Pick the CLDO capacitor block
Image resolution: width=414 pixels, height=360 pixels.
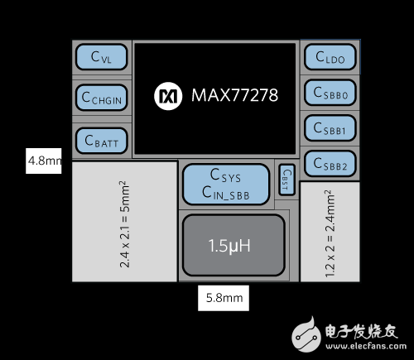click(329, 56)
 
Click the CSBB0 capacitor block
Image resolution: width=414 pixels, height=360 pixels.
click(329, 93)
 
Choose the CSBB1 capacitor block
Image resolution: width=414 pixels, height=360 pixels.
click(329, 128)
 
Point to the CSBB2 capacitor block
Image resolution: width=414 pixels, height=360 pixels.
click(329, 164)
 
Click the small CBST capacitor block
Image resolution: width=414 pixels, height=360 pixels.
click(285, 180)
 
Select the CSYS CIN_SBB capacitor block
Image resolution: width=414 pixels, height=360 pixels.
click(225, 184)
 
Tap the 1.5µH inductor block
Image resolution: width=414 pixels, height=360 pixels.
click(233, 246)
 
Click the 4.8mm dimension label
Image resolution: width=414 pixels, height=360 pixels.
click(44, 161)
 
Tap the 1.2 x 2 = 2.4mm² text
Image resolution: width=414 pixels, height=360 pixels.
click(330, 233)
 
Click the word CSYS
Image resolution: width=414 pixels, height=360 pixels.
click(225, 175)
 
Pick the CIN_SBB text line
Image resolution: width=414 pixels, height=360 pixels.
click(225, 193)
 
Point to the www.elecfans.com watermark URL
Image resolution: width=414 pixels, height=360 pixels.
click(364, 345)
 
